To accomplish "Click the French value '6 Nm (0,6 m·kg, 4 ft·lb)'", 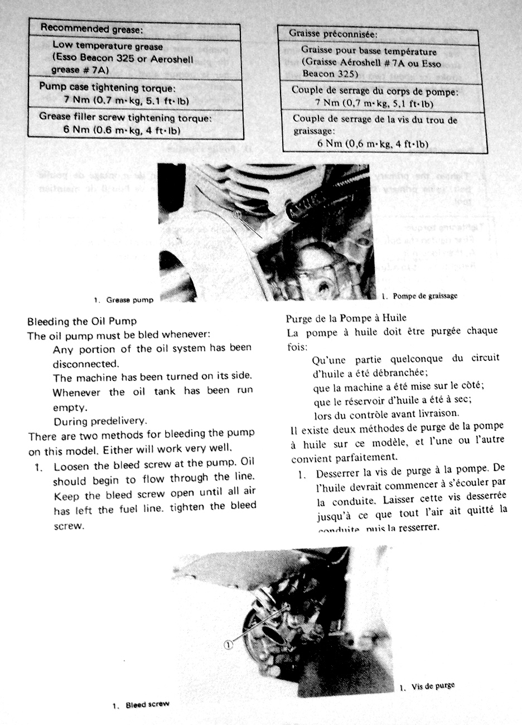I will pos(373,143).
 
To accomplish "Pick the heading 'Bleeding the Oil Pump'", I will pos(82,322).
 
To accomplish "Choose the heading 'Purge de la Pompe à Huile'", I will pos(346,318).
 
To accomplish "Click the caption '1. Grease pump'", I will pos(123,300).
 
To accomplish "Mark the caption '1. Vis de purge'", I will pos(427,687).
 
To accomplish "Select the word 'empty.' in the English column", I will pos(69,407).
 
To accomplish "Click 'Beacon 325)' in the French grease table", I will pos(327,74).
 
